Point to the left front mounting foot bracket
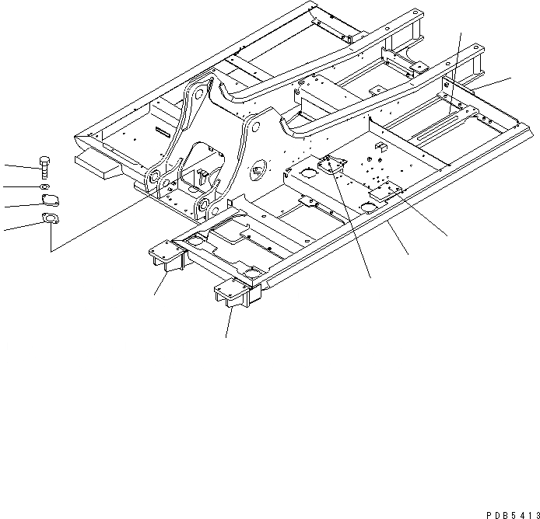click(167, 257)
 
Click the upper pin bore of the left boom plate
click(198, 93)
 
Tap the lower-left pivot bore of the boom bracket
click(156, 176)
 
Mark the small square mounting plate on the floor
click(332, 165)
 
